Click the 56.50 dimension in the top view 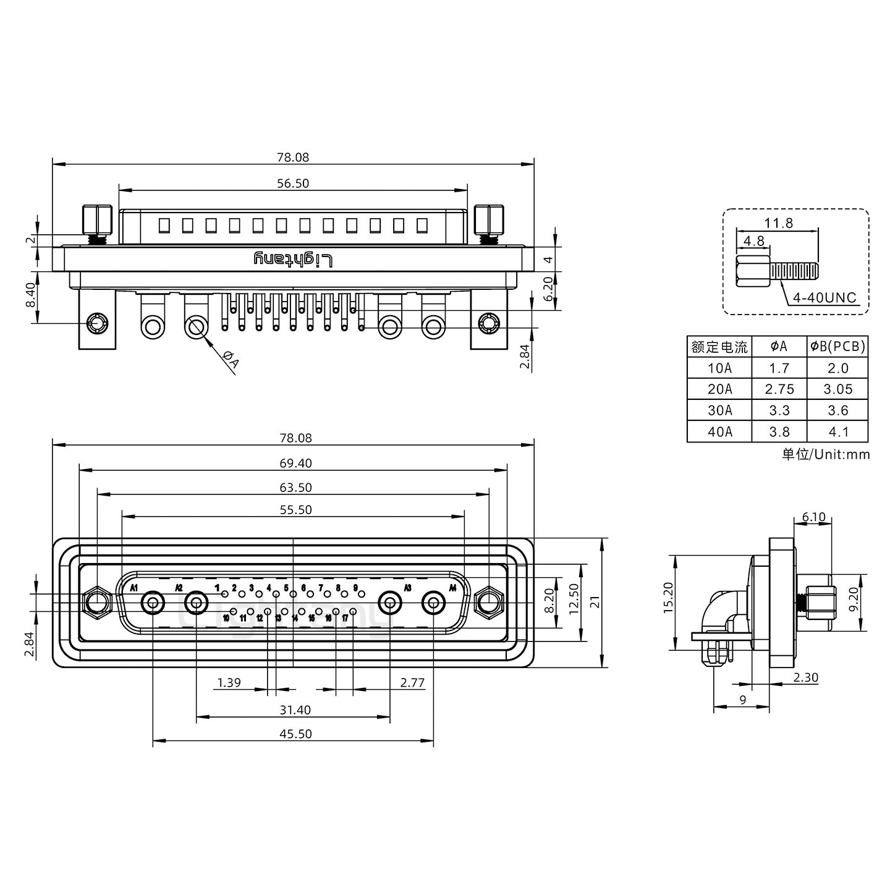coord(293,184)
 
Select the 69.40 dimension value coord(295,464)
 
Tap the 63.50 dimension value coord(295,488)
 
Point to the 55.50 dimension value coord(295,510)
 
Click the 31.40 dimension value coord(295,710)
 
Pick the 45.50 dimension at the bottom coord(295,734)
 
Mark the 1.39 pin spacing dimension coord(229,683)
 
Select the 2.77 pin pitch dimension coord(412,683)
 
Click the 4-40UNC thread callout coord(824,298)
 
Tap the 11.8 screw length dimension coord(778,223)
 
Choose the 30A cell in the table coord(719,410)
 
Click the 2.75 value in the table coord(779,389)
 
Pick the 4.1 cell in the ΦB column coord(837,431)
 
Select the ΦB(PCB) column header coord(837,347)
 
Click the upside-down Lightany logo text coord(294,260)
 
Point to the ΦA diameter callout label coord(230,360)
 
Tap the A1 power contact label coord(133,587)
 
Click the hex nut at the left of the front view coord(96,602)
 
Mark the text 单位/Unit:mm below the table coord(825,455)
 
